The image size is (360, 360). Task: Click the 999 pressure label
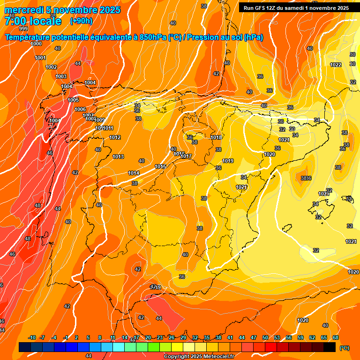pos(23,29)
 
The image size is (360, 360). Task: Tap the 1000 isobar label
pos(36,44)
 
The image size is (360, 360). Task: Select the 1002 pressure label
pos(51,67)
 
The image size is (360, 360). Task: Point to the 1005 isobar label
pos(73,100)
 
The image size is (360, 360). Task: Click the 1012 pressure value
pos(115,137)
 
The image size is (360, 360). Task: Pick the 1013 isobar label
pos(118,157)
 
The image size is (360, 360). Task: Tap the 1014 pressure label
pos(134,173)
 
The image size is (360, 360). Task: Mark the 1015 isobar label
pos(160,166)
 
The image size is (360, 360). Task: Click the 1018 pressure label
pos(216,137)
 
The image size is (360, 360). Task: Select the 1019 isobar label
pos(228,161)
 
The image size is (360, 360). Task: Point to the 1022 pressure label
pos(336,65)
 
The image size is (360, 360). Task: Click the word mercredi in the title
pos(23,9)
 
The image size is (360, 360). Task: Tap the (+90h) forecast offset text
pos(81,21)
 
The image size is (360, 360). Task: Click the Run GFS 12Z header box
pos(296,7)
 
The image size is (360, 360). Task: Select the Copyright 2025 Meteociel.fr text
pos(199,356)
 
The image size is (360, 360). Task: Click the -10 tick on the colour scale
pos(32,337)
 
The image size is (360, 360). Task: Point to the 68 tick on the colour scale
pos(336,337)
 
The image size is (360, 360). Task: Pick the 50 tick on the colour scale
pos(265,337)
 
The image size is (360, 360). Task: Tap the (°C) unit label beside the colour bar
pos(345,348)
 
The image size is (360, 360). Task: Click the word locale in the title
pos(45,21)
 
